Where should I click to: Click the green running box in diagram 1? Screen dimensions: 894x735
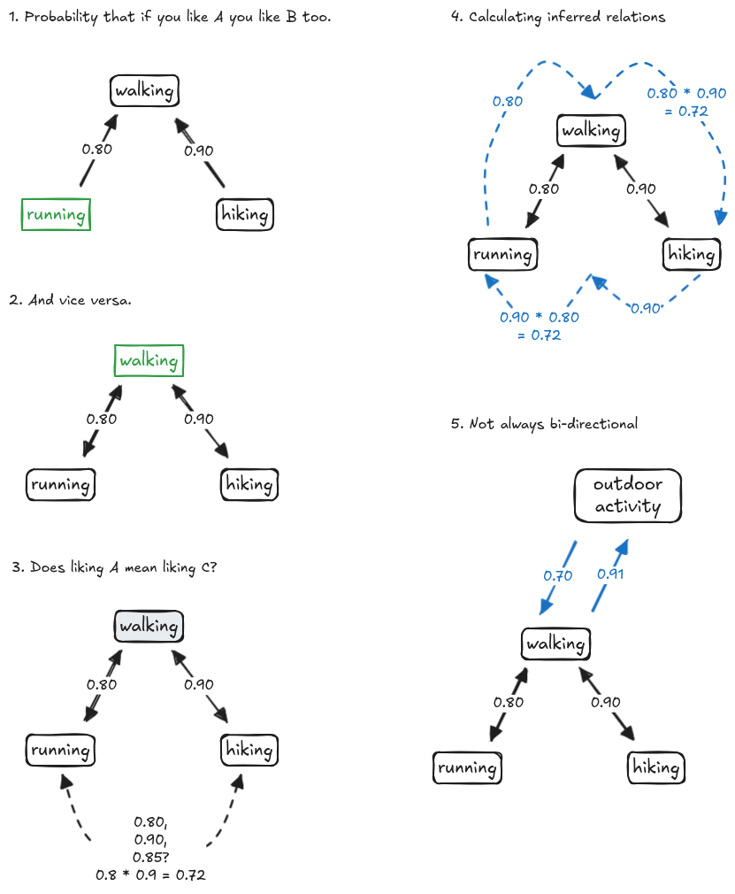[x=57, y=214]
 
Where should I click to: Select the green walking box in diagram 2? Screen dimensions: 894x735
[x=149, y=360]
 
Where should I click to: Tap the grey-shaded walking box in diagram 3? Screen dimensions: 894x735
[x=149, y=626]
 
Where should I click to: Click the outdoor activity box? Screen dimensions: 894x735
[x=627, y=496]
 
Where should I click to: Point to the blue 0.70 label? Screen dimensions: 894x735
[x=557, y=575]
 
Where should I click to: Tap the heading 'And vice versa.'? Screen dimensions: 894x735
[x=70, y=300]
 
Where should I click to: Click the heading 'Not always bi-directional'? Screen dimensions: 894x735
[x=543, y=424]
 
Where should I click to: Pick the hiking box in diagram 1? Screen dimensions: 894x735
[x=245, y=214]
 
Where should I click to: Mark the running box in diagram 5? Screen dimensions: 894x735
[x=467, y=767]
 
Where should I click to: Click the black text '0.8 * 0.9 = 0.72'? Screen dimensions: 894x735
[x=150, y=875]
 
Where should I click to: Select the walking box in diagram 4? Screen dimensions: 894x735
[x=591, y=130]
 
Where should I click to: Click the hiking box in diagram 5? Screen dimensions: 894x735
[x=656, y=767]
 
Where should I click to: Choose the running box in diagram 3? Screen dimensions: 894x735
[x=60, y=750]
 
